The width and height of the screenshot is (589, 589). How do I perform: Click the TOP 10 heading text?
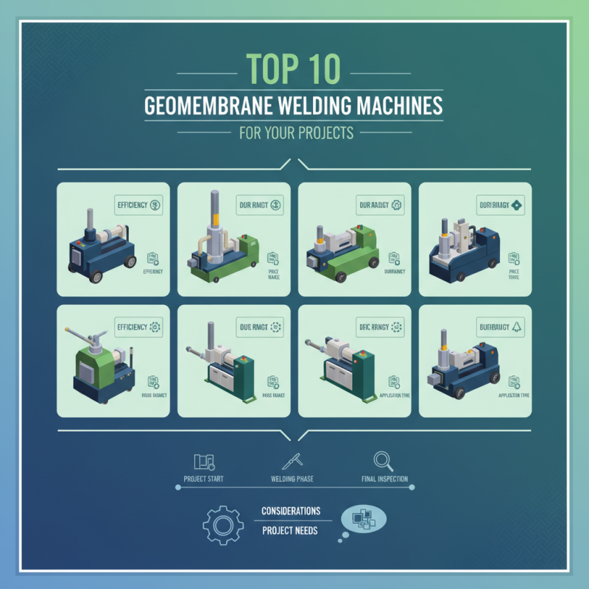(x=294, y=68)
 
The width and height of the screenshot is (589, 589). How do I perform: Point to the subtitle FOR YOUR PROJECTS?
(x=294, y=135)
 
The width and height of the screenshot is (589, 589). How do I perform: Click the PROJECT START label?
(x=204, y=479)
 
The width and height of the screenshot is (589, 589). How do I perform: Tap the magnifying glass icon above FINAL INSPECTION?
(x=383, y=460)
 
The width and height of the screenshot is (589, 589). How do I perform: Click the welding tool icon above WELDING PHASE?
(x=293, y=461)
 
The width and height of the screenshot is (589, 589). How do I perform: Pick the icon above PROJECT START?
(x=203, y=462)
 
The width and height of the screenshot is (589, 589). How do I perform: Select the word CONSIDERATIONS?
(x=291, y=511)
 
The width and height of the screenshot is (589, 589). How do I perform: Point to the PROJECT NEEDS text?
(x=291, y=531)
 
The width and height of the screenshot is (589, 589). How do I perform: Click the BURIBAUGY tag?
(x=501, y=326)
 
